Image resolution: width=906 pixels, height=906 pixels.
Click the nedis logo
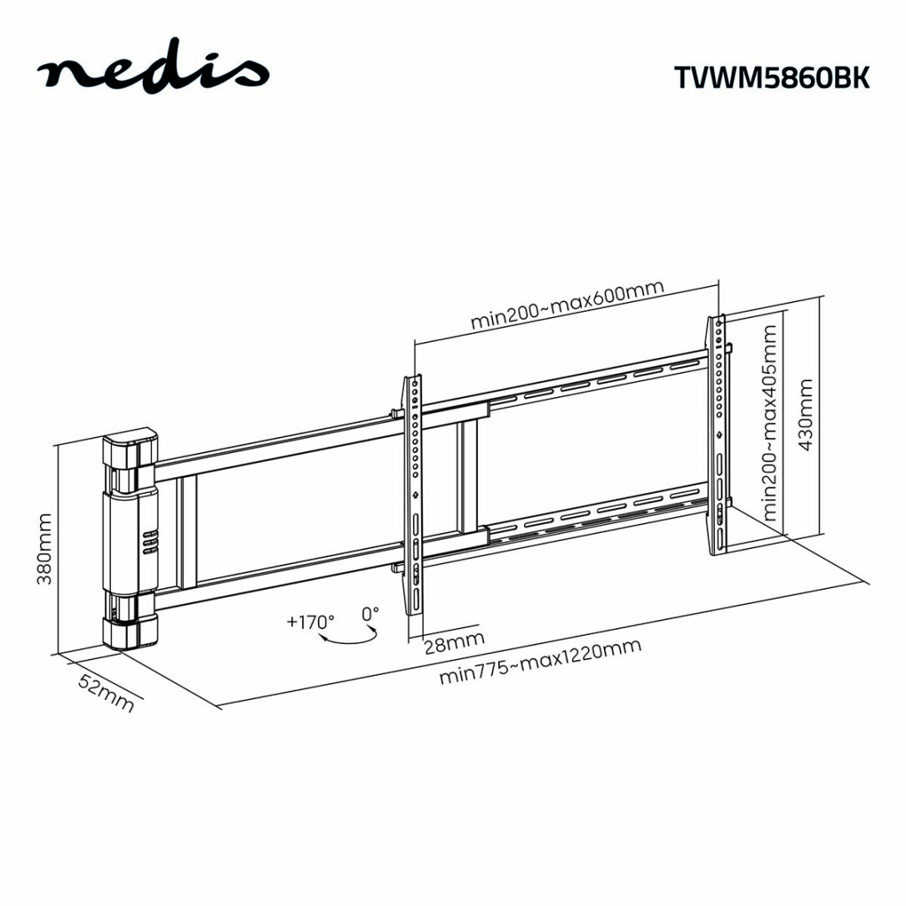click(x=154, y=70)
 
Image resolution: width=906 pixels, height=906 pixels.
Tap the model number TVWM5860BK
click(x=772, y=77)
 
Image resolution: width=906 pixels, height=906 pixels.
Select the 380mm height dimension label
click(x=44, y=548)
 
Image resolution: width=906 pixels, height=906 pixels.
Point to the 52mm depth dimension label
click(x=106, y=692)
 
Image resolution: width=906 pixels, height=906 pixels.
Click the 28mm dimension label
click(x=454, y=642)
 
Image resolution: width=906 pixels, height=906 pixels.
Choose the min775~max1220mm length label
click(x=541, y=661)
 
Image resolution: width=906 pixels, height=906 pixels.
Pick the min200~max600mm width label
click(x=567, y=305)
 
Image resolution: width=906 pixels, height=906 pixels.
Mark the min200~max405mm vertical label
click(x=770, y=422)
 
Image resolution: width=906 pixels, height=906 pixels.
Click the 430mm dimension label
click(x=805, y=415)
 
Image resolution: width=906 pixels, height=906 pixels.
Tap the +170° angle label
click(x=310, y=622)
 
